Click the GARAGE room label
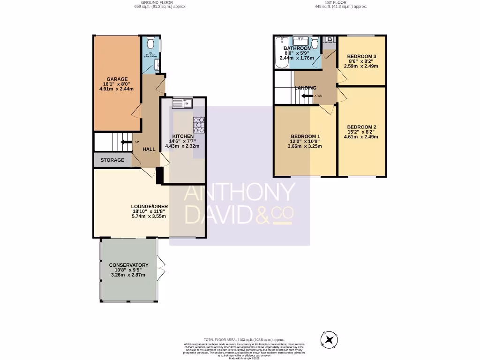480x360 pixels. click(x=117, y=79)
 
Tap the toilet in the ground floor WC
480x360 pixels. click(x=150, y=43)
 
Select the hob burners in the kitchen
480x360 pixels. click(x=199, y=123)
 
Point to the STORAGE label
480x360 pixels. click(x=112, y=160)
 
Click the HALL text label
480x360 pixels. click(x=149, y=149)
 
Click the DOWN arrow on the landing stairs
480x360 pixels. click(x=307, y=96)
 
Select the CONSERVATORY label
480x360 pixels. click(x=128, y=265)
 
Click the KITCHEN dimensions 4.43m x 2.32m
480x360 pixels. click(x=182, y=146)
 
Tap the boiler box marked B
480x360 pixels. click(x=330, y=39)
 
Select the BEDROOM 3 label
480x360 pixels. click(x=361, y=57)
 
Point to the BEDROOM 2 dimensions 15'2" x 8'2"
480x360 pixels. click(x=361, y=132)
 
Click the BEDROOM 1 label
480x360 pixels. click(x=305, y=137)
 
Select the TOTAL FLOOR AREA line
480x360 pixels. click(x=244, y=339)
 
